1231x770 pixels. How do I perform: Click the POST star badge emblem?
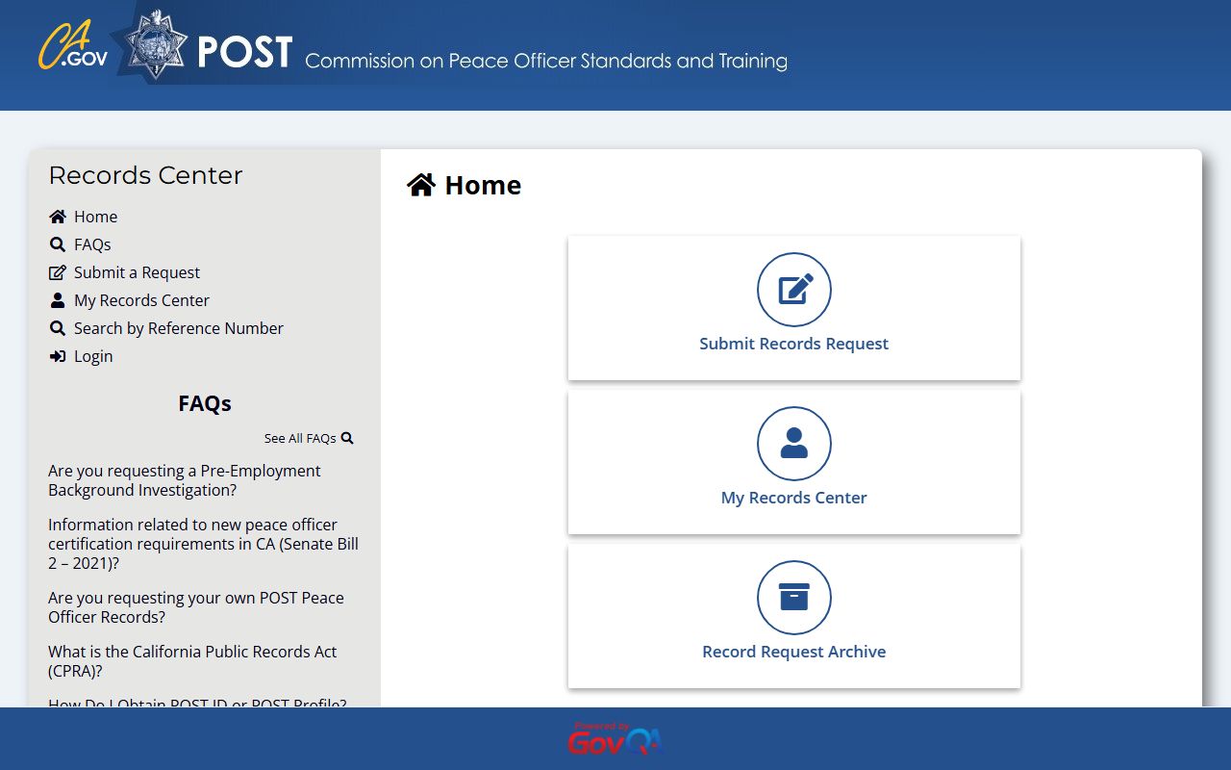156,45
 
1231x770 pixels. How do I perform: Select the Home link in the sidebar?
95,217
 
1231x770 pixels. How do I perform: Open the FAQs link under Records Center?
92,244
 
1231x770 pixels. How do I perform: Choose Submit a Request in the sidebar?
137,272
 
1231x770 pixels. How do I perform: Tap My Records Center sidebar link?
141,300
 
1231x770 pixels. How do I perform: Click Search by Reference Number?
178,328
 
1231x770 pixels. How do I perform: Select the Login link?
93,356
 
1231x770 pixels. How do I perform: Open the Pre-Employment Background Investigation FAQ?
184,480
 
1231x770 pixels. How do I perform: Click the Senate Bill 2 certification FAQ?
203,544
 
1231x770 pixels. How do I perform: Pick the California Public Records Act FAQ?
192,661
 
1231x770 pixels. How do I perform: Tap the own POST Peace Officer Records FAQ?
195,607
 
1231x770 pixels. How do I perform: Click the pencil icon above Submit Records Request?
794,290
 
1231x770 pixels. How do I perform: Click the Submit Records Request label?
793,344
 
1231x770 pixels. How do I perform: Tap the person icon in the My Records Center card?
794,444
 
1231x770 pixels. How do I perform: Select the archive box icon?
794,598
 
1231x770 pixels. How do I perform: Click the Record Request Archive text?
793,652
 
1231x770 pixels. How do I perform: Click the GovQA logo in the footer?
615,739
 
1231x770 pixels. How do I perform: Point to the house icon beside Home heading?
421,185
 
